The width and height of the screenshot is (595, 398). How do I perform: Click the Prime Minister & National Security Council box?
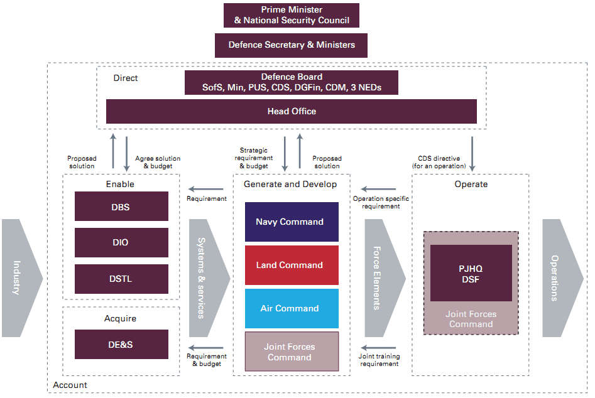coord(291,15)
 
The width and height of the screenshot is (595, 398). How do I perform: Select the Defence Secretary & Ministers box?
coord(291,45)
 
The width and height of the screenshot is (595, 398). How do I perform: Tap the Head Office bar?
coord(291,111)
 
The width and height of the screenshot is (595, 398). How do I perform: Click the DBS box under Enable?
coord(121,207)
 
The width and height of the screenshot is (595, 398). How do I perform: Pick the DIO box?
coord(121,242)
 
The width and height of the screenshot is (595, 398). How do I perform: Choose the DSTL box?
coord(121,279)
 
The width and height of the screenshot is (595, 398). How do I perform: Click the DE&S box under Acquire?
coord(121,345)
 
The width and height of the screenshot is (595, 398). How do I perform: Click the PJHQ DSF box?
coord(471,274)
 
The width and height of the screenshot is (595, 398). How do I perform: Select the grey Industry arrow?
coord(21,278)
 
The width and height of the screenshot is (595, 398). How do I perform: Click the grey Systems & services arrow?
coord(207,278)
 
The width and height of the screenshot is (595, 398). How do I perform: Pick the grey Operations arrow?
coord(561,278)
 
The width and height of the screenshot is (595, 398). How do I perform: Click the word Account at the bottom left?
coord(70,385)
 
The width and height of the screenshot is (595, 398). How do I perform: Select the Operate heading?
coord(471,184)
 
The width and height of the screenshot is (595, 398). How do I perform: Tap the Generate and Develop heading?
coord(290,184)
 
